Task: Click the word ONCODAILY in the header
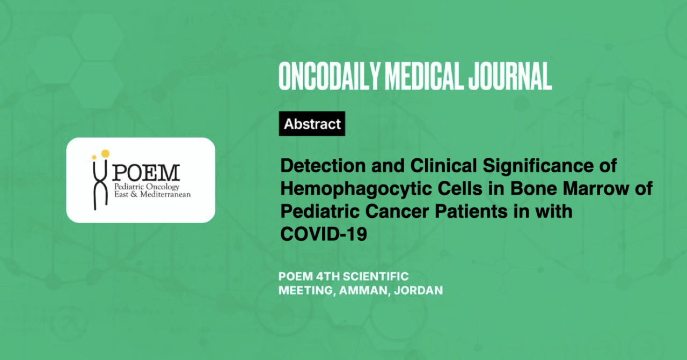(x=330, y=76)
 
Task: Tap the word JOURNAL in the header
(x=510, y=76)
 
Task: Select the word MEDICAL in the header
(x=424, y=76)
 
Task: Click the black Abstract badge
(x=312, y=123)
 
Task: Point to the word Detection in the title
(x=323, y=166)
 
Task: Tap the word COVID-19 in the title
(x=324, y=234)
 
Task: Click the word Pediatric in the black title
(x=320, y=211)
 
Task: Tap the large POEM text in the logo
(x=146, y=173)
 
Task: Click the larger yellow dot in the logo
(x=105, y=153)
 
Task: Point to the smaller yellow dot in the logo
(x=94, y=157)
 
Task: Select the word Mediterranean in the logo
(x=165, y=194)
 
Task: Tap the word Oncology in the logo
(x=163, y=187)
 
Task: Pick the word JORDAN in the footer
(x=418, y=290)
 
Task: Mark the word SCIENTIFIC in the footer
(x=376, y=277)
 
